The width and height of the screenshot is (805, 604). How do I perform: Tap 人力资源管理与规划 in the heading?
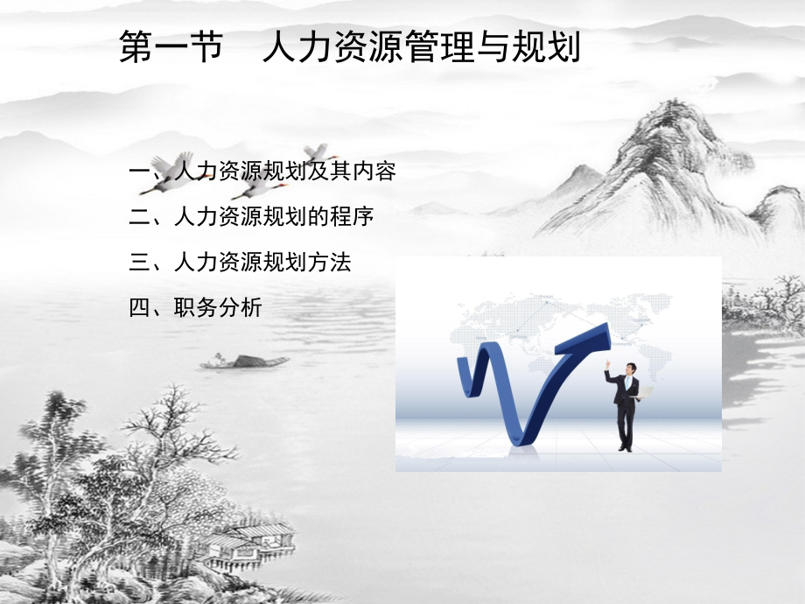421,48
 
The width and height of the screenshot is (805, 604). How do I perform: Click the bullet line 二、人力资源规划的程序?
251,216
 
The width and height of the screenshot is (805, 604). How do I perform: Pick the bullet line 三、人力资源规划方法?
240,262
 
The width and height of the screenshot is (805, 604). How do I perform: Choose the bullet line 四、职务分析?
195,307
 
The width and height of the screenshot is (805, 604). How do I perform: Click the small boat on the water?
233,361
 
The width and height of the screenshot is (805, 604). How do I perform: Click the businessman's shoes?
624,447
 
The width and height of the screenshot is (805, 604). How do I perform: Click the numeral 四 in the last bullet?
138,307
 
